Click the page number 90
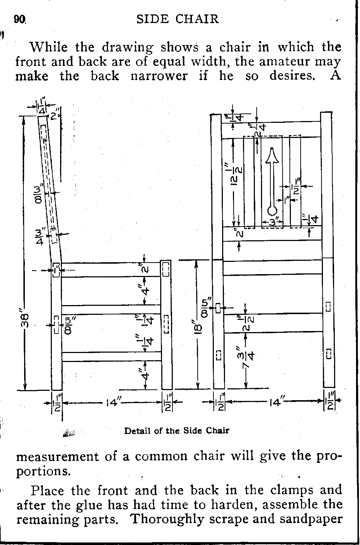pyautogui.click(x=19, y=19)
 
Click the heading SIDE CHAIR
pyautogui.click(x=177, y=19)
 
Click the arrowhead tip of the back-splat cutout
pyautogui.click(x=272, y=148)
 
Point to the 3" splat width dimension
pyautogui.click(x=273, y=222)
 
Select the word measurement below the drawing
pyautogui.click(x=57, y=456)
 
